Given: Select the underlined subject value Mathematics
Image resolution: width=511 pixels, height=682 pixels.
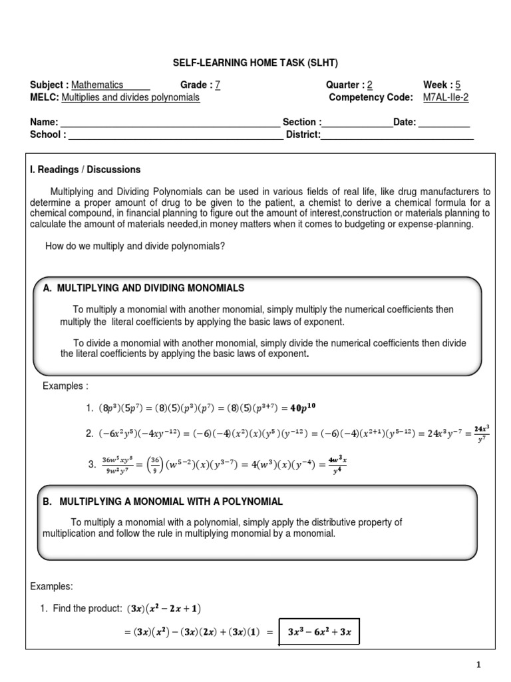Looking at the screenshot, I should [97, 85].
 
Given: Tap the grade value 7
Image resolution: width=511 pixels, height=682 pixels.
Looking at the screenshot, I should [218, 85].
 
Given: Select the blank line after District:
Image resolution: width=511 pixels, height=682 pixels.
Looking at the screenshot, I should [397, 135].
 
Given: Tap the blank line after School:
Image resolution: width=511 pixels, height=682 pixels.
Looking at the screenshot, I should [176, 135].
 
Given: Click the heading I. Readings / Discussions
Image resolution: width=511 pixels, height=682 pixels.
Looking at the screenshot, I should [86, 170].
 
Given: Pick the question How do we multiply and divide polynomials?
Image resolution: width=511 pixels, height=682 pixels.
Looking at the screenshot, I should [135, 246].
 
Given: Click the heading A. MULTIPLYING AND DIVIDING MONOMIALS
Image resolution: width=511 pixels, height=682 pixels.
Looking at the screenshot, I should [144, 288].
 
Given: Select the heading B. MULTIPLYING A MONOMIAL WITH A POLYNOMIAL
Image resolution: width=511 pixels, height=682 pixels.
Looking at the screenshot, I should [163, 502].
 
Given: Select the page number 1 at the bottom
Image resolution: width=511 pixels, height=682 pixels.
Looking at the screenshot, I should [478, 665].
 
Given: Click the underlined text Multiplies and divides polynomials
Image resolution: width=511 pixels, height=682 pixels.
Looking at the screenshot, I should [130, 97].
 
